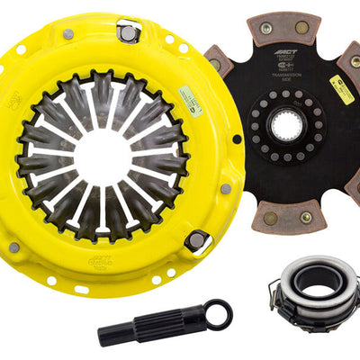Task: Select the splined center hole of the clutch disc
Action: coord(287,127)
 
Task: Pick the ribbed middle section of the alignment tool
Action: coord(171,325)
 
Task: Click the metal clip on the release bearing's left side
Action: coord(277,290)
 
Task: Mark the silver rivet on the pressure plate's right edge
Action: coord(225,188)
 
